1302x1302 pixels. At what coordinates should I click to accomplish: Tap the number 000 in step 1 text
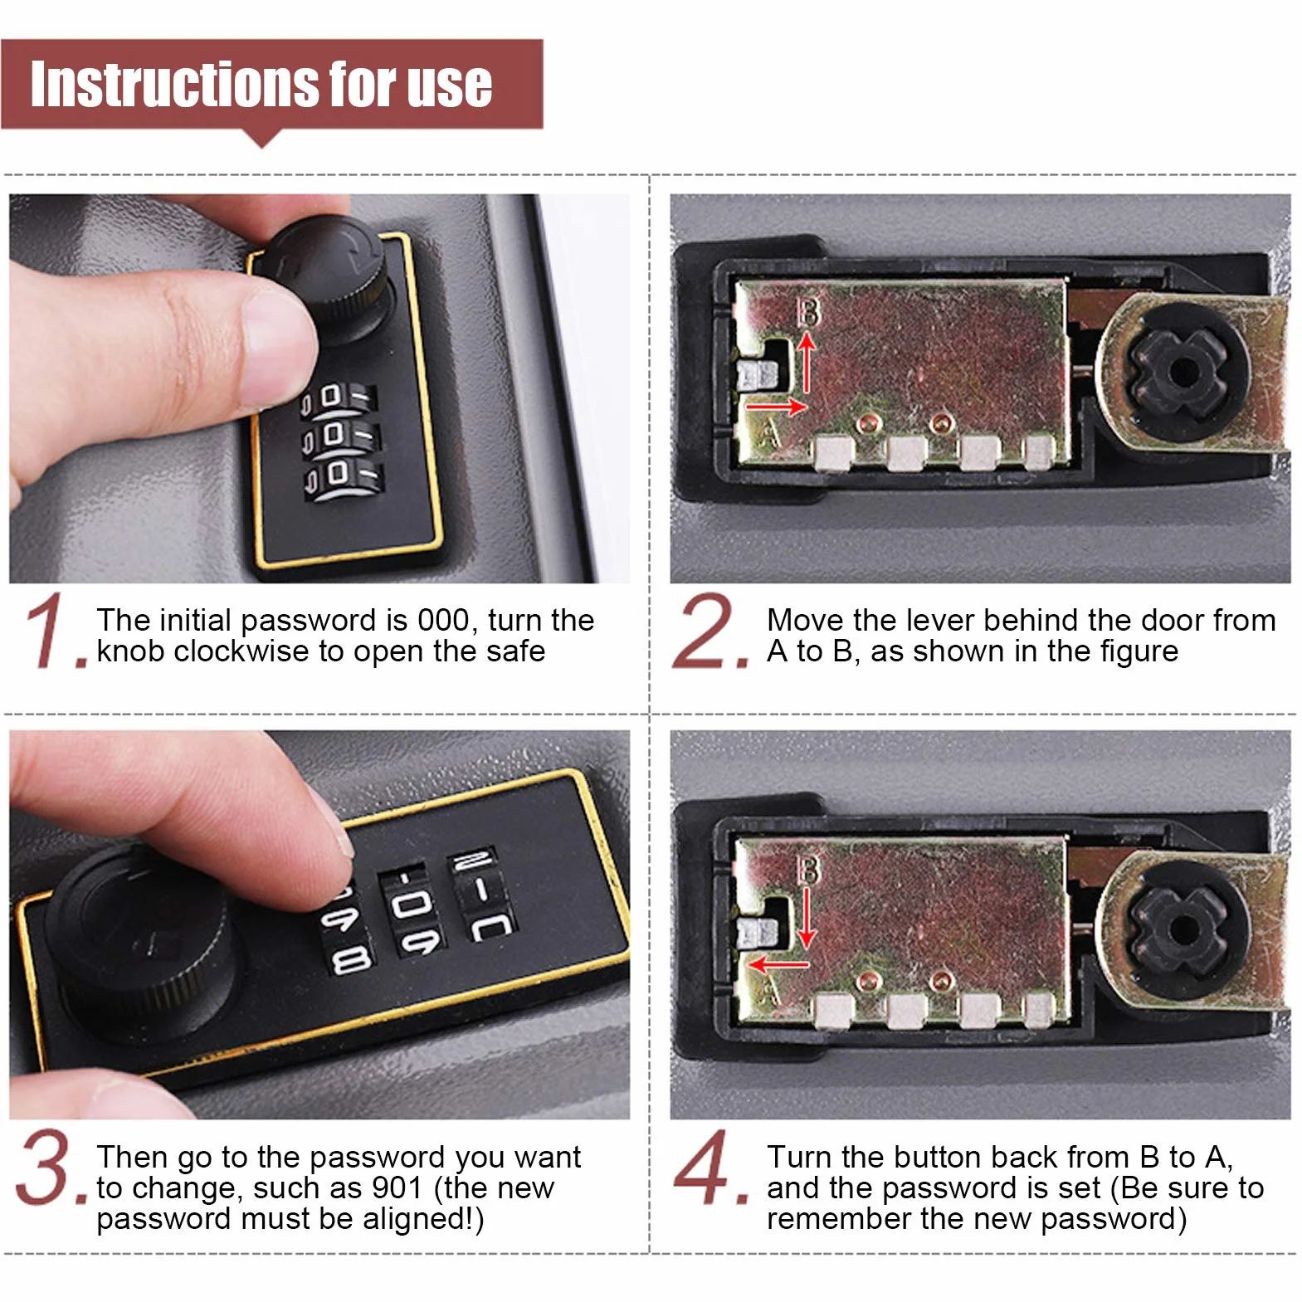coord(444,620)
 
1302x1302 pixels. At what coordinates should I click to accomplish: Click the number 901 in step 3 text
coord(397,1187)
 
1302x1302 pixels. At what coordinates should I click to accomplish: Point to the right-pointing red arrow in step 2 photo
coord(776,407)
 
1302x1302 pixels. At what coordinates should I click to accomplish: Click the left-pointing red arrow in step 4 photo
coord(778,965)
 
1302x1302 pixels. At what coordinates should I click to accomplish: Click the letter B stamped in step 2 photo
coord(807,311)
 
